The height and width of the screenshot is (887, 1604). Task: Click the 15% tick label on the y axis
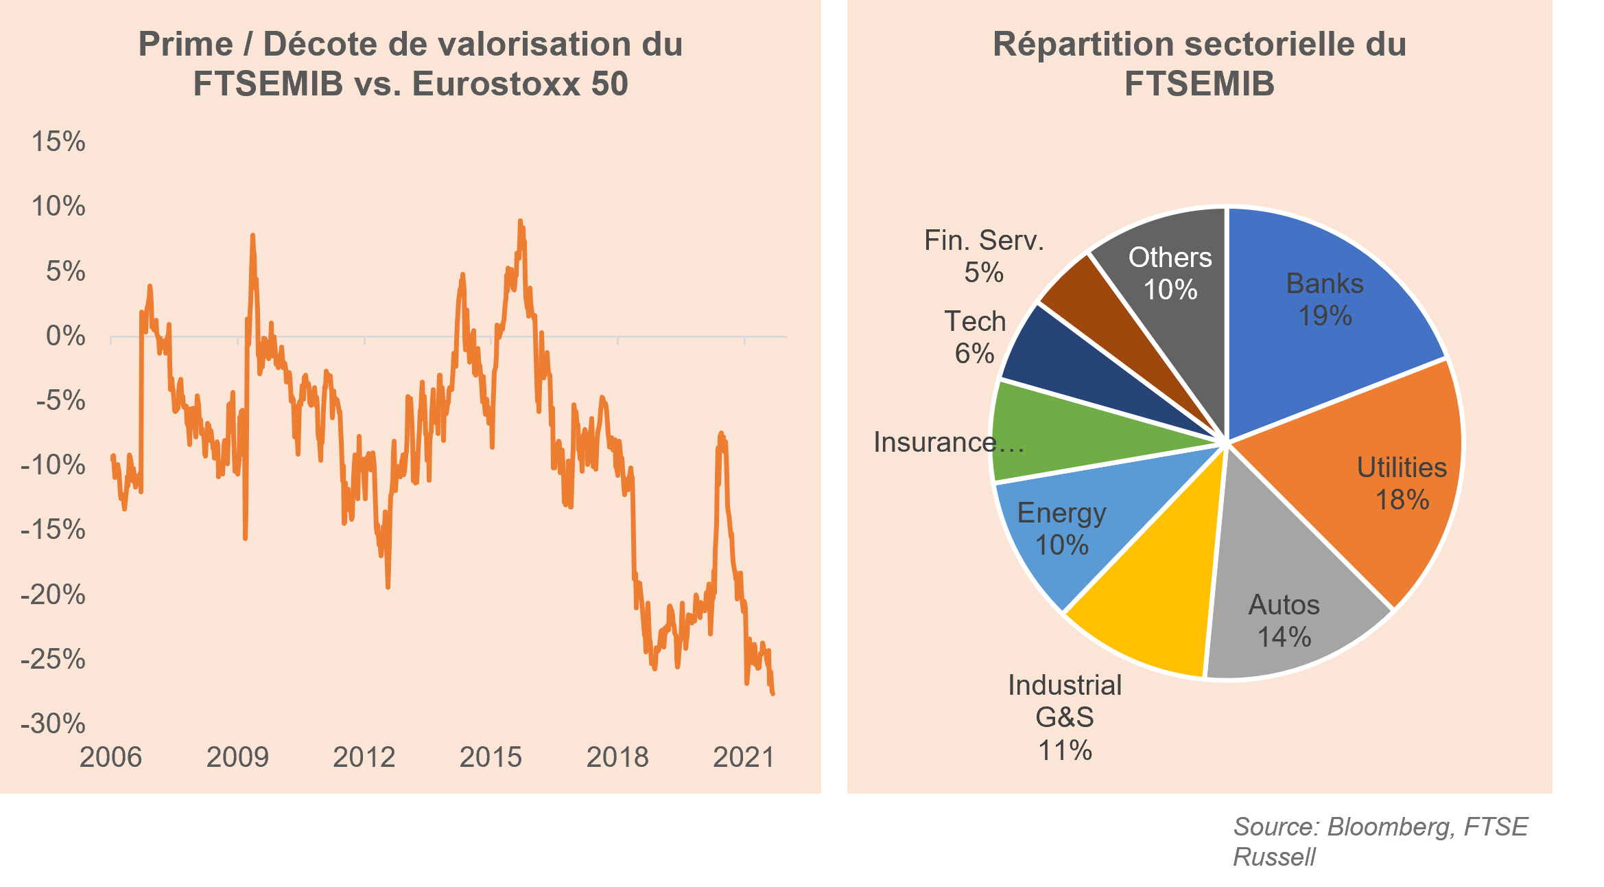tap(58, 142)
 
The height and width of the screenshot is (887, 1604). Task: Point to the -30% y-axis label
tap(54, 724)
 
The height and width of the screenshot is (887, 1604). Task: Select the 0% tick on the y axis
tap(65, 336)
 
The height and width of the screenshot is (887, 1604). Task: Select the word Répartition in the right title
tap(1083, 45)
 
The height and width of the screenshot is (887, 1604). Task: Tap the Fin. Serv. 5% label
tap(984, 256)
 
